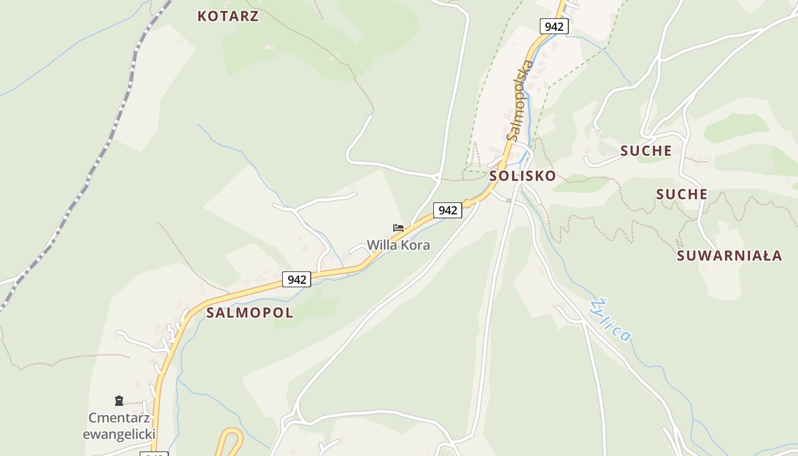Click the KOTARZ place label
point(228,16)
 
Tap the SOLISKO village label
point(522,176)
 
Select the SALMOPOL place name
point(250,312)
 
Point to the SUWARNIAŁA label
point(729,255)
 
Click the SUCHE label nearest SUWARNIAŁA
point(682,194)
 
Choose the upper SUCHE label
point(646,150)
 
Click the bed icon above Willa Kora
point(398,228)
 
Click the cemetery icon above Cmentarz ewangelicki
point(119,401)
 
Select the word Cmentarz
point(119,418)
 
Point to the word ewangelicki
point(119,434)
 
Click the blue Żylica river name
point(611,320)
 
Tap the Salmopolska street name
point(520,100)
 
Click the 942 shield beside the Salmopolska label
point(553,26)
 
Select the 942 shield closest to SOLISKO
point(447,210)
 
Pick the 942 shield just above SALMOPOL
point(296,279)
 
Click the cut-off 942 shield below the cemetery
point(154,454)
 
